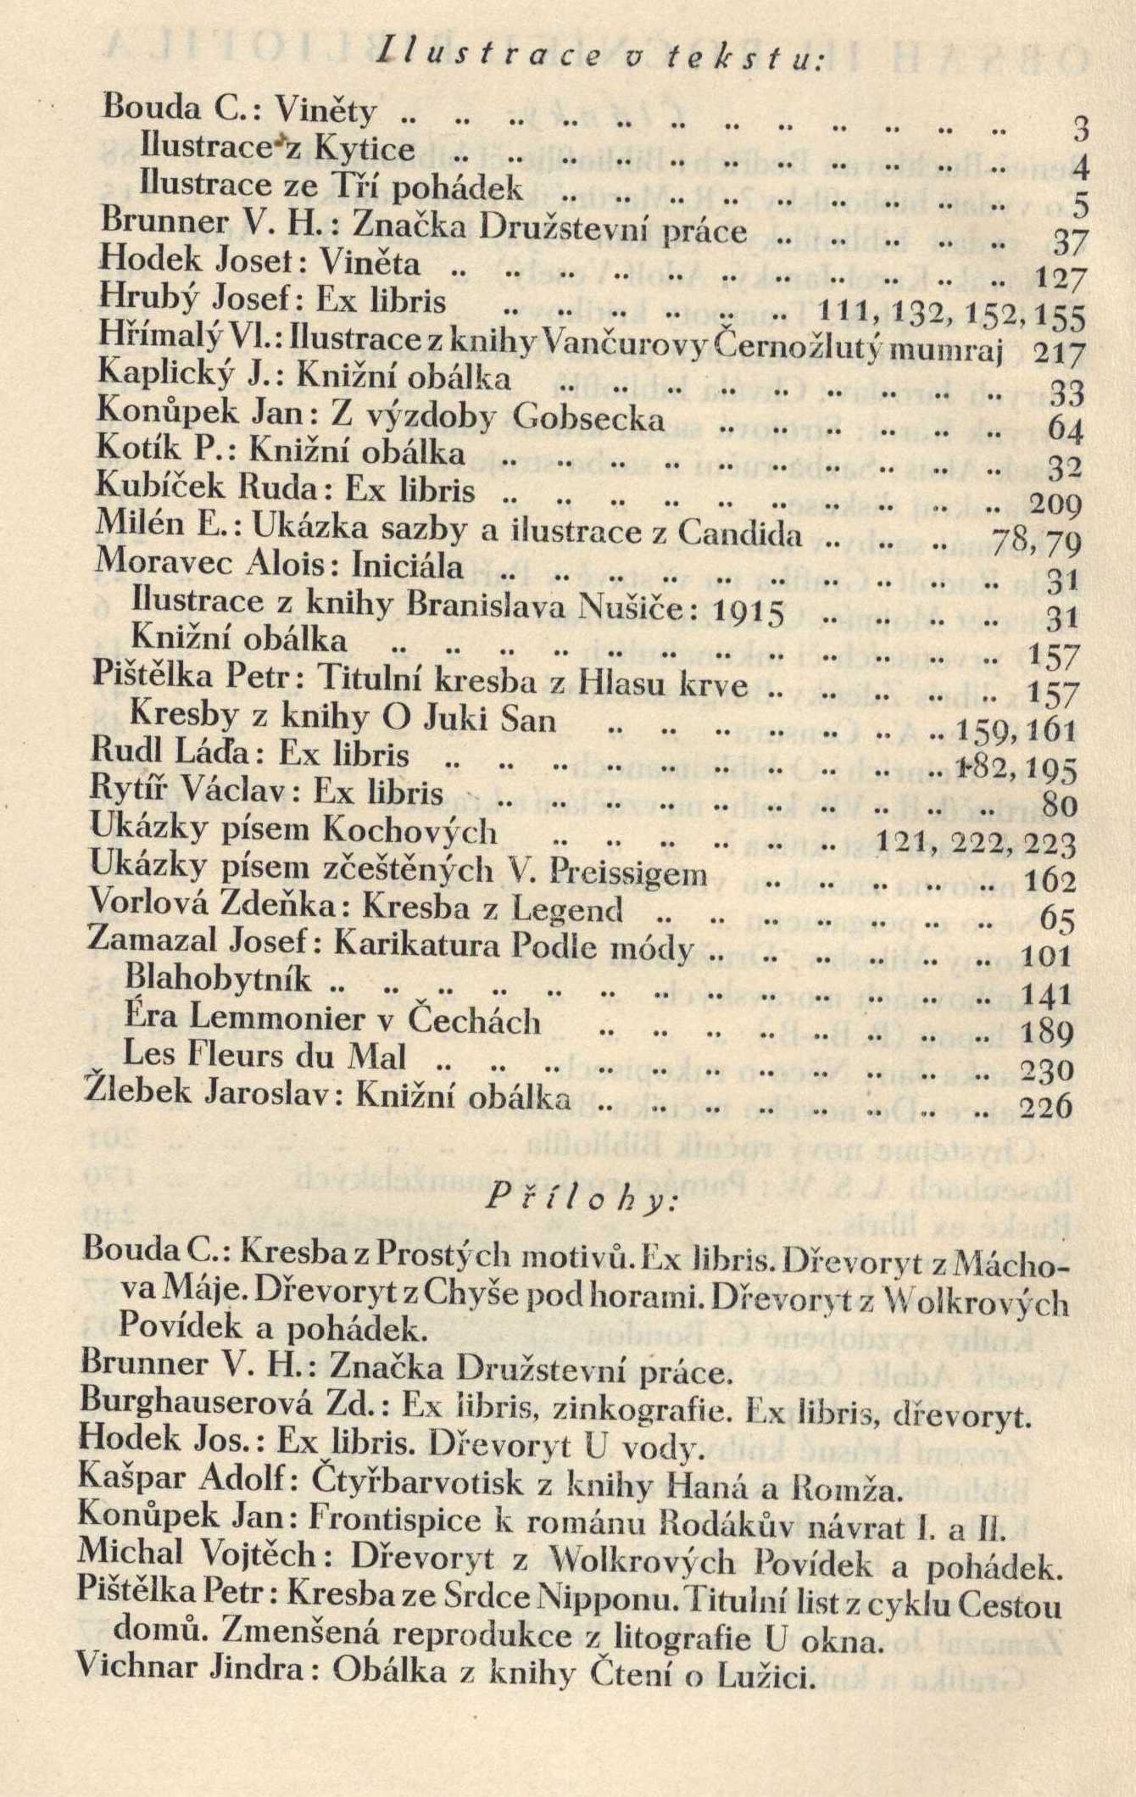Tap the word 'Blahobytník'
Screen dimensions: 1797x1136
(219, 980)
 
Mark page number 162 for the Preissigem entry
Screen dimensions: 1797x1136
(1050, 883)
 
